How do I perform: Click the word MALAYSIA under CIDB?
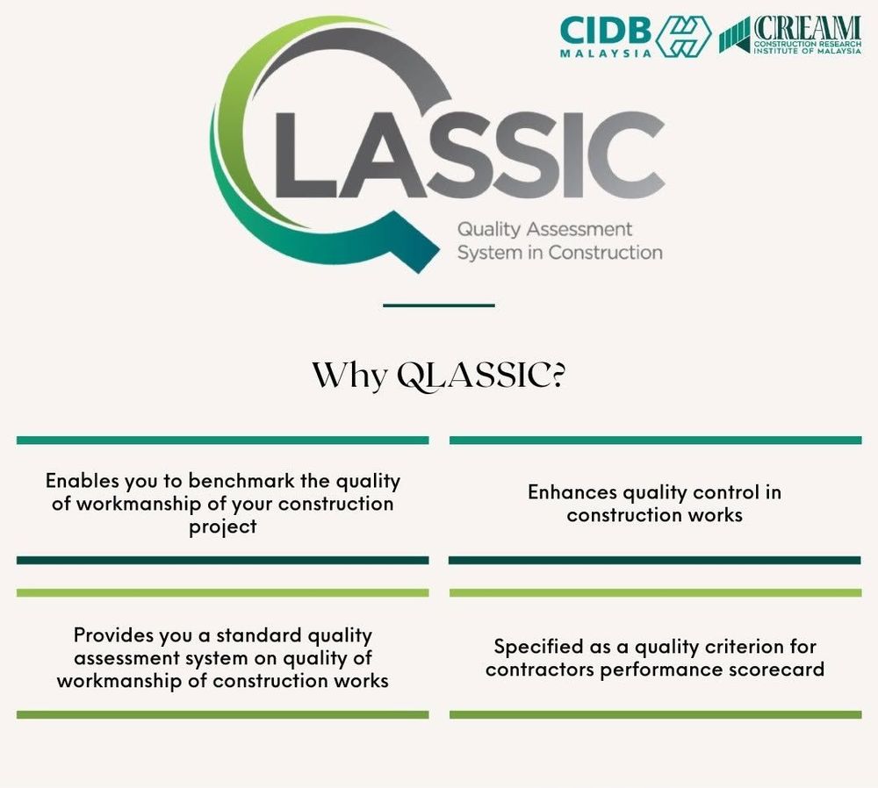pyautogui.click(x=605, y=53)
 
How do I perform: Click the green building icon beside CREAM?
pyautogui.click(x=734, y=35)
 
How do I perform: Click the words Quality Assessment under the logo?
pyautogui.click(x=543, y=230)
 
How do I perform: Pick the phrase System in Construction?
pyautogui.click(x=559, y=253)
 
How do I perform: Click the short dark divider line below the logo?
pyautogui.click(x=439, y=305)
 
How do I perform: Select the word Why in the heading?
pyautogui.click(x=349, y=375)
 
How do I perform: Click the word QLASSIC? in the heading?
pyautogui.click(x=479, y=375)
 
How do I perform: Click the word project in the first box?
pyautogui.click(x=222, y=527)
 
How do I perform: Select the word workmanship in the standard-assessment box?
pyautogui.click(x=115, y=680)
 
